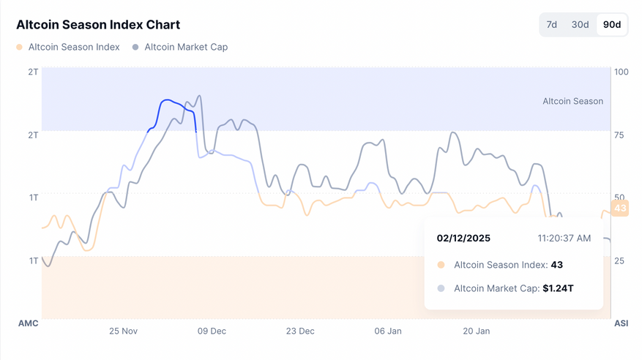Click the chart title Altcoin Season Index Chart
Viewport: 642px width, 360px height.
pos(98,25)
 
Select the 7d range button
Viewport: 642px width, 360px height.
pos(552,24)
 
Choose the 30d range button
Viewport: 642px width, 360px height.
pos(580,24)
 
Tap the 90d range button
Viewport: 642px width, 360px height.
pos(611,24)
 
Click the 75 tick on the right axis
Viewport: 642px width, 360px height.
pos(620,135)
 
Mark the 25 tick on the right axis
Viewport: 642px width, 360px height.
pos(620,260)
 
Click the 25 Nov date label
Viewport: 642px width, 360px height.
pos(124,331)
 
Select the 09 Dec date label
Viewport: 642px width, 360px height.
pos(212,331)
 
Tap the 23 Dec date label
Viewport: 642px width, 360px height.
pos(300,331)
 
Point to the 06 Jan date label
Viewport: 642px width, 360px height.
pos(388,331)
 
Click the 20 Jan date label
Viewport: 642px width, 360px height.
pos(477,331)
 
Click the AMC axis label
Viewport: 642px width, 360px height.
pos(28,323)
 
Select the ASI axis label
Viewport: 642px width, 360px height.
pos(621,323)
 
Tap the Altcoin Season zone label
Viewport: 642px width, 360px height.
pos(572,101)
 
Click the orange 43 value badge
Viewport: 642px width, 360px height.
pos(620,209)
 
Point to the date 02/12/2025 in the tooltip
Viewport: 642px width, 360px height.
pos(463,238)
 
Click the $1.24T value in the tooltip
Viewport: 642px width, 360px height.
pos(558,288)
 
